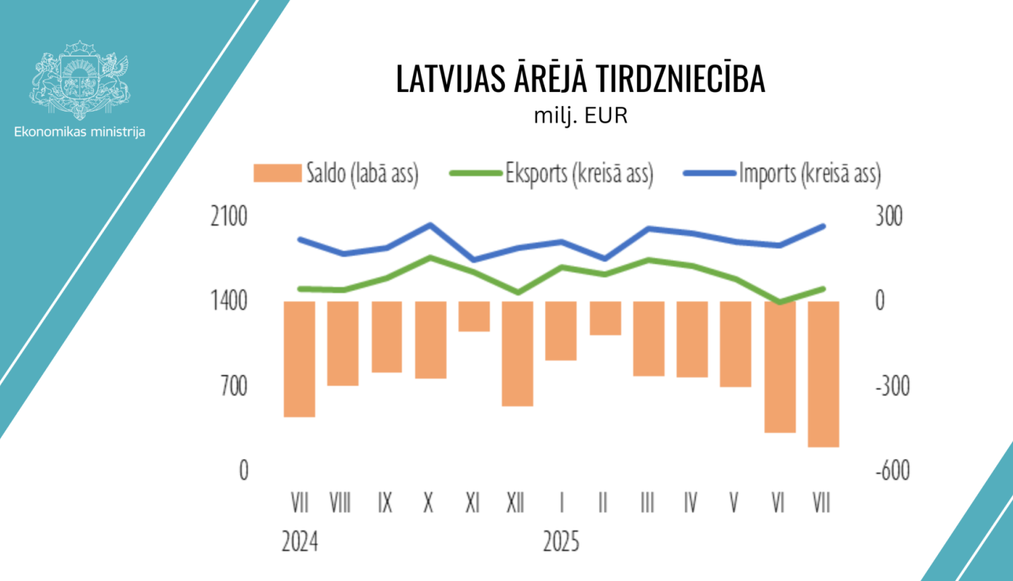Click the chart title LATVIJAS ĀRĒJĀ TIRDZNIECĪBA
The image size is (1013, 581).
580,79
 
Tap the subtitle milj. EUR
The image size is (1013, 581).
581,116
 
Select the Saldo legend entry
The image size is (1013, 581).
336,174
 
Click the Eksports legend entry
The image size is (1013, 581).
552,174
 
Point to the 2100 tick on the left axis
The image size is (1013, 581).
229,217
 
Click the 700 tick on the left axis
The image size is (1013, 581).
234,386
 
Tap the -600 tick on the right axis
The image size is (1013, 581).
893,470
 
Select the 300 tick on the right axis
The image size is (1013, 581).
889,217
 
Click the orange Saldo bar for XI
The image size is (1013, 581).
474,316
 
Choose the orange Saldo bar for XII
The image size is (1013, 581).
517,353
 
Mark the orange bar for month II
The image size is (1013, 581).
605,318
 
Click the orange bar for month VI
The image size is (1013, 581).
779,367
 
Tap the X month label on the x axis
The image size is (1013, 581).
428,503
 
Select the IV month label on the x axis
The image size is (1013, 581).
690,503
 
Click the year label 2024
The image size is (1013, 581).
299,542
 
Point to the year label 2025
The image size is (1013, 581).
561,542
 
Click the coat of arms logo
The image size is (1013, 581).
80,80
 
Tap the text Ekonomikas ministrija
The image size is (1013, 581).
80,132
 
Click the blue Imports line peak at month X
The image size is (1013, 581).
430,224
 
